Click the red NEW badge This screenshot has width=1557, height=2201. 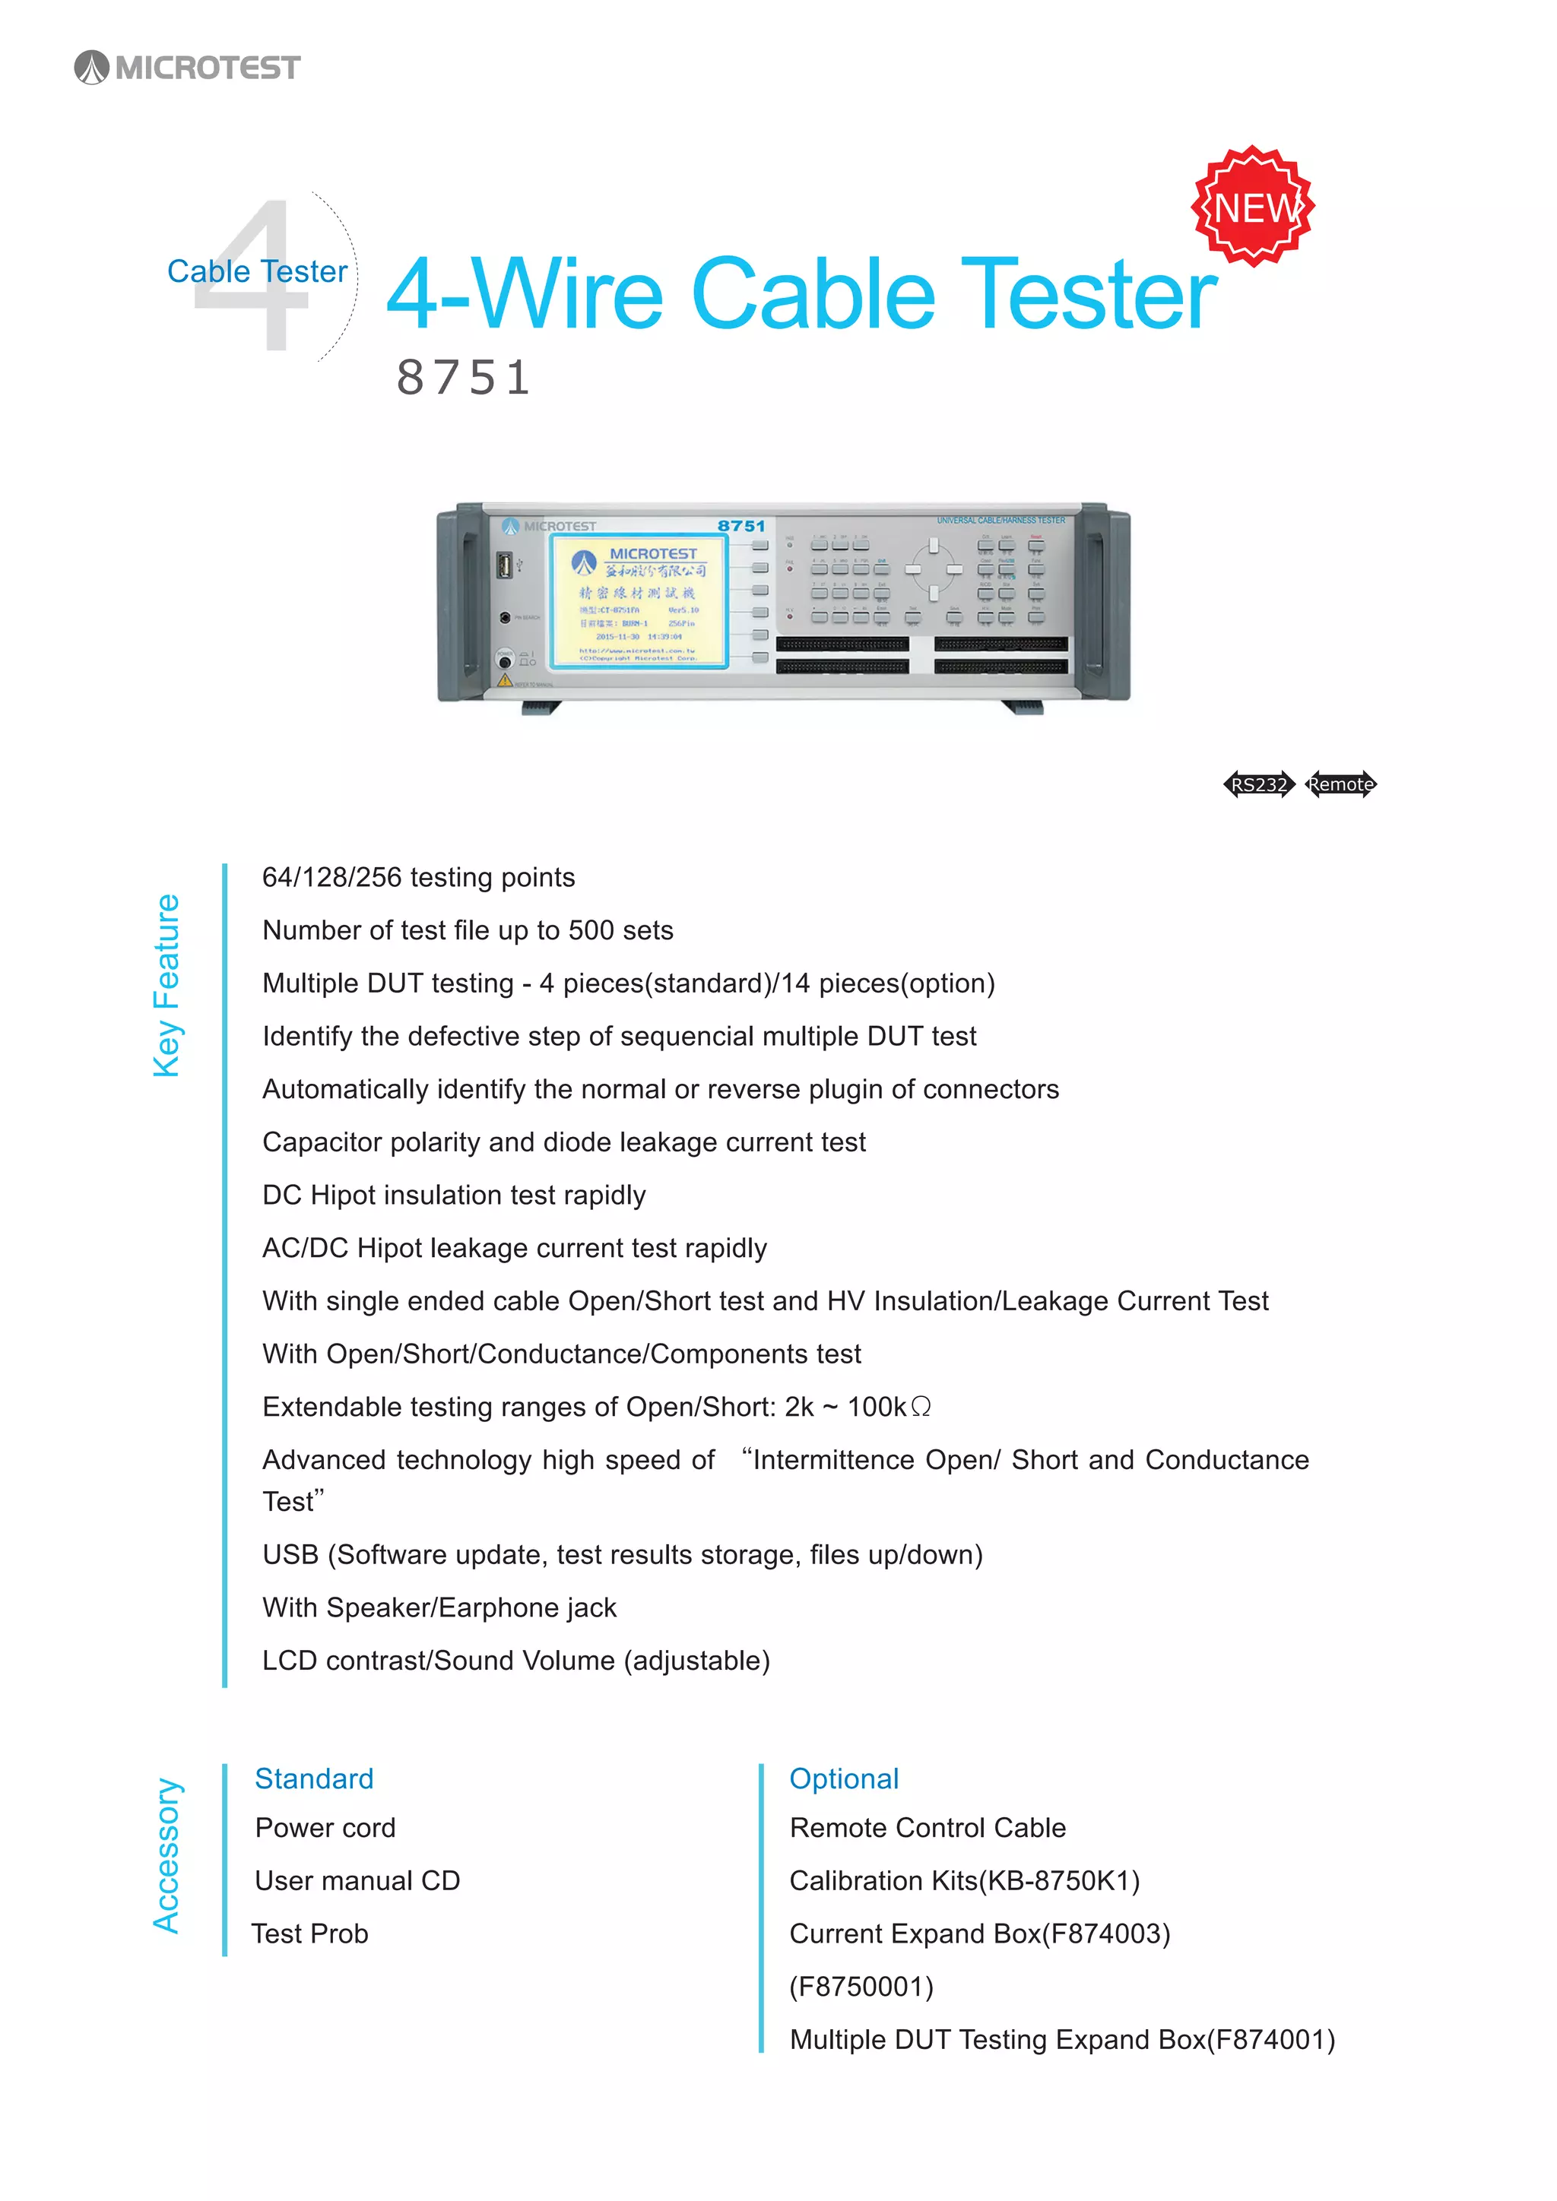pyautogui.click(x=1253, y=206)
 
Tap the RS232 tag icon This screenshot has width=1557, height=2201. pyautogui.click(x=1259, y=784)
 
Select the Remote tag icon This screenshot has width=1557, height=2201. pyautogui.click(x=1340, y=784)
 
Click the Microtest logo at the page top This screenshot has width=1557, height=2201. pyautogui.click(x=188, y=67)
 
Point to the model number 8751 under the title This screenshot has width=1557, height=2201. pyautogui.click(x=463, y=377)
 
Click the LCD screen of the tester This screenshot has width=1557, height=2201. pyautogui.click(x=639, y=601)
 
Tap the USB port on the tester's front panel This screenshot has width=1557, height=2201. pyautogui.click(x=503, y=565)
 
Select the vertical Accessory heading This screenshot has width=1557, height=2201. pyautogui.click(x=166, y=1855)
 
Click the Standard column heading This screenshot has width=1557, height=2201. pyautogui.click(x=313, y=1778)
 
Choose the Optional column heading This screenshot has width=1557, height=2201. pyautogui.click(x=844, y=1778)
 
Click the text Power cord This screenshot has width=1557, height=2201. pyautogui.click(x=325, y=1827)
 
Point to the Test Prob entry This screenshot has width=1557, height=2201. pyautogui.click(x=309, y=1933)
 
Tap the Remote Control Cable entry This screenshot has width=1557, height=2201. pyautogui.click(x=927, y=1827)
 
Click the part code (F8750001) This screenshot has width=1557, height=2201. pyautogui.click(x=861, y=1986)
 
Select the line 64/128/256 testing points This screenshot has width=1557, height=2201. pyautogui.click(x=418, y=877)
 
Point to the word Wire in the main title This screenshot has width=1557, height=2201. pyautogui.click(x=566, y=293)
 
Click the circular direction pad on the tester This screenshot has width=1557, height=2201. pyautogui.click(x=933, y=569)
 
